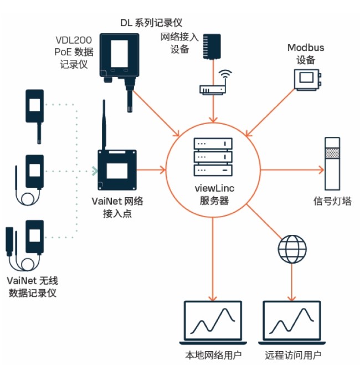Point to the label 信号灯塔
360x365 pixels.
click(332, 201)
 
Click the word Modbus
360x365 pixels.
click(305, 48)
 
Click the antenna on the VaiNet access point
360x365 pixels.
click(103, 125)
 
